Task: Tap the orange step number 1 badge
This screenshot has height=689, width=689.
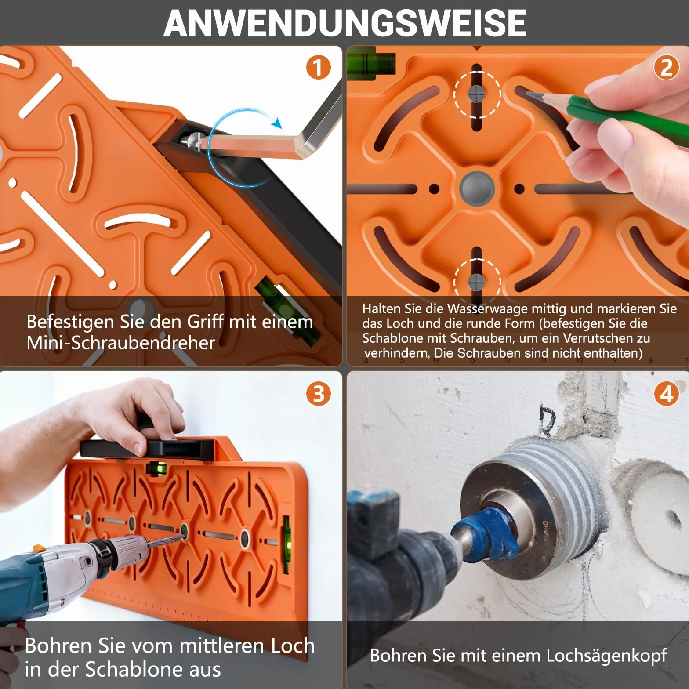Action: (318, 68)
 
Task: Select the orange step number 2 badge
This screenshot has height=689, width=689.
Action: (666, 68)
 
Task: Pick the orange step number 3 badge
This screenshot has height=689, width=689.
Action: (318, 394)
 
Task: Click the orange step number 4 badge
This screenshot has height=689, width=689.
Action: (666, 394)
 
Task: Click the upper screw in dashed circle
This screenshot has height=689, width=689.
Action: (476, 94)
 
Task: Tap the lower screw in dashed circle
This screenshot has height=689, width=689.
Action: (476, 282)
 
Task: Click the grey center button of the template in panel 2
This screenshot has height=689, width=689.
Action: (477, 189)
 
